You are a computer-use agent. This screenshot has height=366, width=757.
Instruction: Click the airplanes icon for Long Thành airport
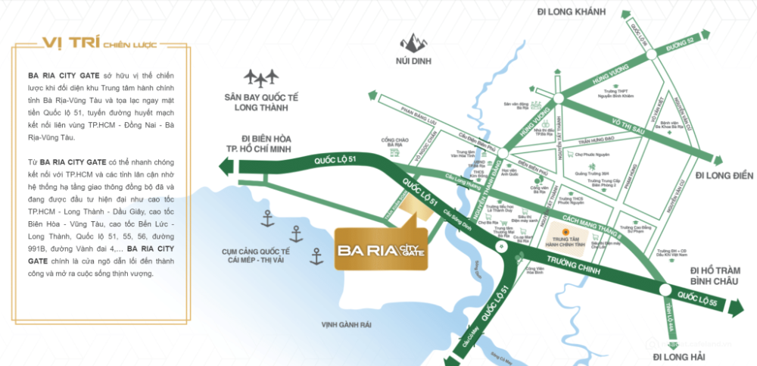pyautogui.click(x=261, y=77)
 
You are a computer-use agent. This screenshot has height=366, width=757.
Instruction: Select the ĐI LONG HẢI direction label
pyautogui.click(x=679, y=355)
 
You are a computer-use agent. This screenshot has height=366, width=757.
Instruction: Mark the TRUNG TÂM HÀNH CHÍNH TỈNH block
pyautogui.click(x=566, y=236)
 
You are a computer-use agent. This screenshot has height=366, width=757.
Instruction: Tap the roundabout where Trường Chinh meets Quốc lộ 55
pyautogui.click(x=665, y=290)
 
